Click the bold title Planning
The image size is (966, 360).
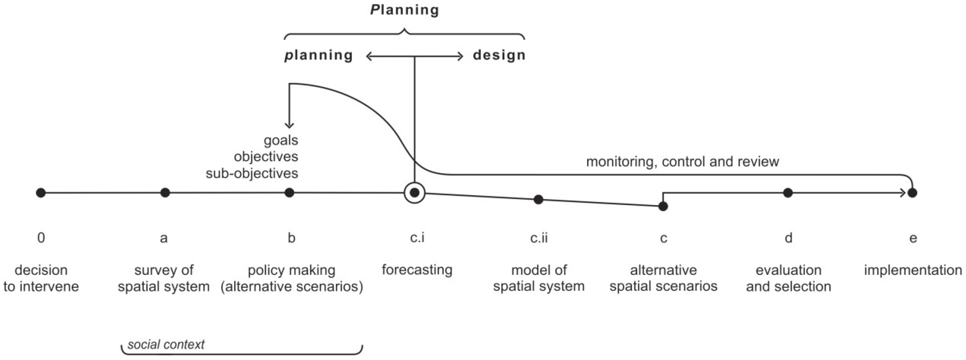404,10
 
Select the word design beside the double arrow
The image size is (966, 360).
499,55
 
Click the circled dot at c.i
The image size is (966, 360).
414,193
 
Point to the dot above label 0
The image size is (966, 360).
41,193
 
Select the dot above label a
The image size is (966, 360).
165,193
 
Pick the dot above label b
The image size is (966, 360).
289,193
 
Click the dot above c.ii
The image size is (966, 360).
538,199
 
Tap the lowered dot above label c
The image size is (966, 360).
663,206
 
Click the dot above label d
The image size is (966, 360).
788,193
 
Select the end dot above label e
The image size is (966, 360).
912,193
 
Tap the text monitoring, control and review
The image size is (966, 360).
682,162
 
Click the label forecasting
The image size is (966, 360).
417,270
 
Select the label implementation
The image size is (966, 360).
913,270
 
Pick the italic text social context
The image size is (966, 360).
166,344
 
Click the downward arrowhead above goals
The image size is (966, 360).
289,125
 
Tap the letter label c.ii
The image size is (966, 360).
539,238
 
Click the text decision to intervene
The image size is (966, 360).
41,278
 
